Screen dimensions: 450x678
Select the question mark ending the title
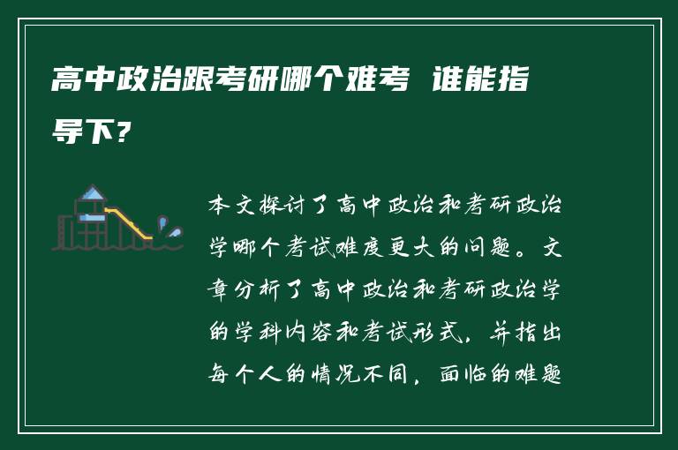(126, 132)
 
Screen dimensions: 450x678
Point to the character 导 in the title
(66, 132)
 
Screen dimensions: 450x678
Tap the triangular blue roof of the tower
(91, 193)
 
